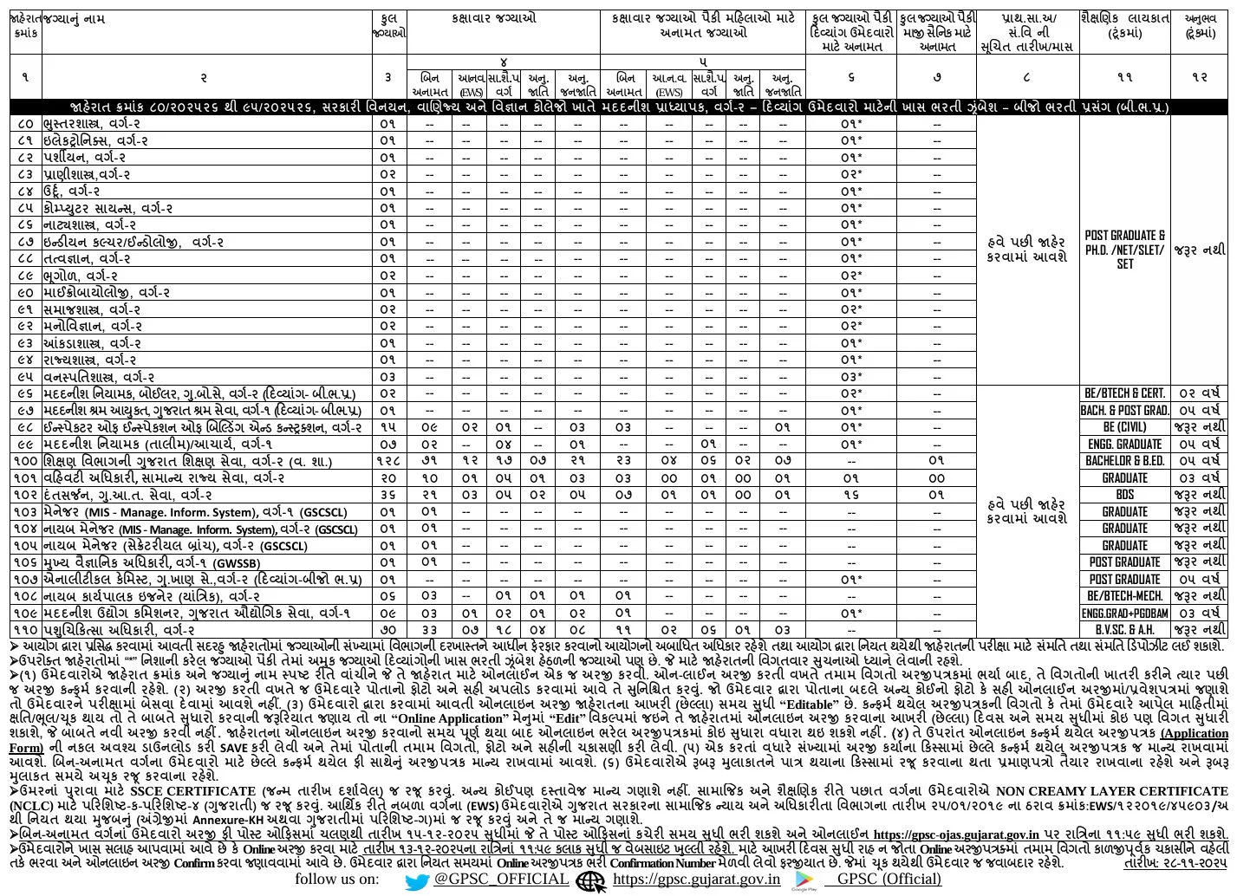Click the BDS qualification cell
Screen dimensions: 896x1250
pos(1124,495)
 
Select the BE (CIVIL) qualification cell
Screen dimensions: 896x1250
pos(1124,427)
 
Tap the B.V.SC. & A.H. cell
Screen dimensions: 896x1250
pos(1124,630)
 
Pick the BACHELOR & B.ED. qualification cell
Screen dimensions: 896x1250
pos(1124,461)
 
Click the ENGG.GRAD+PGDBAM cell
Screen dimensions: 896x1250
pos(1124,614)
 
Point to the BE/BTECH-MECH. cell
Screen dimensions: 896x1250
pos(1124,596)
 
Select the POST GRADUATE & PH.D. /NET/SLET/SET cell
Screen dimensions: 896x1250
pos(1124,250)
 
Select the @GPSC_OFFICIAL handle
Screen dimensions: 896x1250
pos(501,879)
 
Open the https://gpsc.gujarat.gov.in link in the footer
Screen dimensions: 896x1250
pos(696,879)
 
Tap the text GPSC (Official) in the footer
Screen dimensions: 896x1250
pos(889,879)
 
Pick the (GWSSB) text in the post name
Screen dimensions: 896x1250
pos(238,563)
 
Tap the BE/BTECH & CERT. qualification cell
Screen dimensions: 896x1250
pos(1124,393)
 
